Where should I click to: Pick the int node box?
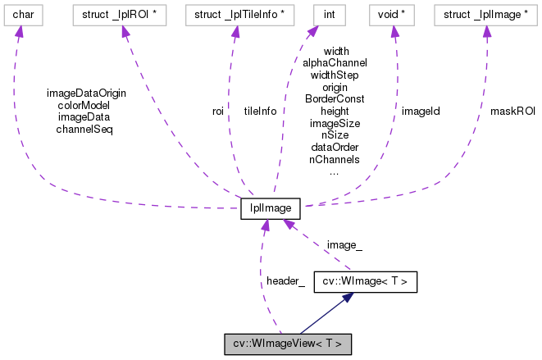click(325, 15)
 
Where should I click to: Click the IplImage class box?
click(271, 209)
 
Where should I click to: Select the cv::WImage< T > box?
click(366, 283)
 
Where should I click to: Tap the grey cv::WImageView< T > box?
click(288, 344)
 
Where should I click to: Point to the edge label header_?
click(285, 281)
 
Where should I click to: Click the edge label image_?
click(344, 244)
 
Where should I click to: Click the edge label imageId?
click(420, 111)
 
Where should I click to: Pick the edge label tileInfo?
click(260, 111)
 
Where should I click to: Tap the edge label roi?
click(218, 111)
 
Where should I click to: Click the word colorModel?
click(84, 104)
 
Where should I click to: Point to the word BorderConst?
click(335, 98)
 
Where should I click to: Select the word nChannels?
click(335, 160)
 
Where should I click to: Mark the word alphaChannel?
click(335, 62)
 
